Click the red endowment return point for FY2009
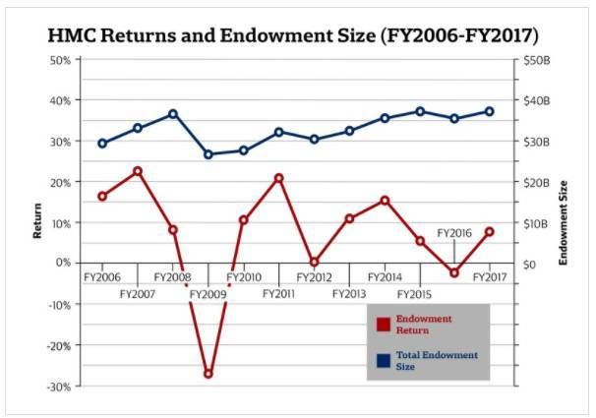(208, 374)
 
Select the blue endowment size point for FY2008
(172, 114)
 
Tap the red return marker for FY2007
(138, 171)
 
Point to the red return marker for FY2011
(278, 178)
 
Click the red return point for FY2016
(454, 272)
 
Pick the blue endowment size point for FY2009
(208, 154)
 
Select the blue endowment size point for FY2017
(489, 111)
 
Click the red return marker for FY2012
(314, 263)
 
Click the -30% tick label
(57, 386)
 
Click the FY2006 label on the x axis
(101, 278)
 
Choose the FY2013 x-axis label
(349, 294)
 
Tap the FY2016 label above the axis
(454, 233)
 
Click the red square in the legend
(384, 325)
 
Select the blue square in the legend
(384, 360)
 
